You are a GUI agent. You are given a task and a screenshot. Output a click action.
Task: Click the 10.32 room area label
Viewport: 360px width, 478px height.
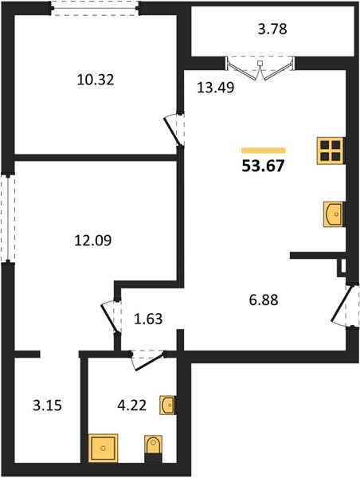pos(96,80)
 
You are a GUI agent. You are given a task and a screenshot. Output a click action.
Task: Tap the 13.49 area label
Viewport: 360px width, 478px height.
pos(216,88)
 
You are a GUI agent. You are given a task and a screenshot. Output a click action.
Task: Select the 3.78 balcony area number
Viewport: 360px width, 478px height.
pos(272,29)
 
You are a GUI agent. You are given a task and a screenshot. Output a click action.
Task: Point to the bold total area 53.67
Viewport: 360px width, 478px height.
pos(263,167)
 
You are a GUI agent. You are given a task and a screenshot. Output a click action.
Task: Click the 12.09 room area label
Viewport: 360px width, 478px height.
pos(93,241)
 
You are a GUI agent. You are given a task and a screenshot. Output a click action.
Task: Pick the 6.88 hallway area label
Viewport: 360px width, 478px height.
pos(264,300)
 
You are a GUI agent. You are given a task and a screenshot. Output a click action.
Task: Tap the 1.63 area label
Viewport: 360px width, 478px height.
pos(148,319)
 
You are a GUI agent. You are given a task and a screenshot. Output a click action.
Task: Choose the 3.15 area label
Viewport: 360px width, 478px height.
pos(47,406)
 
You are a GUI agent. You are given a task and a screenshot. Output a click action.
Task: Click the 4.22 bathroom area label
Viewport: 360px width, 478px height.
pos(132,406)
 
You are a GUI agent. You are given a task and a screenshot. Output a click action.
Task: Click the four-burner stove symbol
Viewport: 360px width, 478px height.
pos(330,151)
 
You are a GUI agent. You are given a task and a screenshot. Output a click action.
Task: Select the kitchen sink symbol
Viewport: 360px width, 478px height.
pos(334,214)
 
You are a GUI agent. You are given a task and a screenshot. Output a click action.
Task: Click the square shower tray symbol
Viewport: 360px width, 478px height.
pos(104,448)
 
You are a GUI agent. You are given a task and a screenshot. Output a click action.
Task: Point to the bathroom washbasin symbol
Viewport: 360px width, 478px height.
pos(167,406)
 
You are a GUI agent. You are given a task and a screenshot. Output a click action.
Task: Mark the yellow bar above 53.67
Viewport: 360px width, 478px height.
pos(264,151)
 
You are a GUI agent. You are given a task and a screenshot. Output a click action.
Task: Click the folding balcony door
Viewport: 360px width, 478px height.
pos(260,69)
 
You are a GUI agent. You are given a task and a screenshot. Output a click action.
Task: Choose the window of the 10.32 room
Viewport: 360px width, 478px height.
pos(95,8)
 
